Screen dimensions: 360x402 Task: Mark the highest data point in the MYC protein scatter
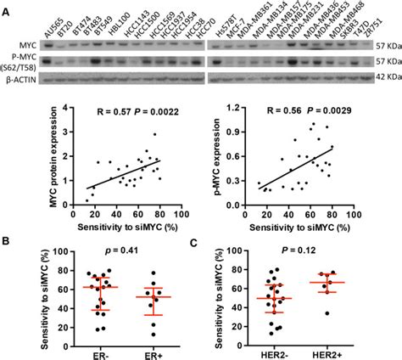[x=154, y=134]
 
